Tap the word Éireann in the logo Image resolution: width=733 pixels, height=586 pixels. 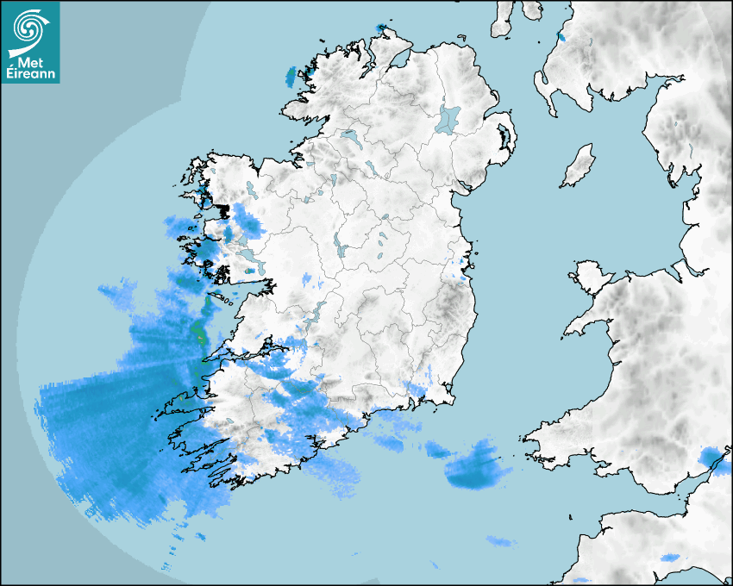point(33,74)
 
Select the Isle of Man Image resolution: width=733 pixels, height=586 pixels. point(579,166)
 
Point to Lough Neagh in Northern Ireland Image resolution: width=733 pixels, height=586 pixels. point(448,118)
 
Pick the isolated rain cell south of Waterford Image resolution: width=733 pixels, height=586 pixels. point(473,470)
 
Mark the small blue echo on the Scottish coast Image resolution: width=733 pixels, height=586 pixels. point(561,38)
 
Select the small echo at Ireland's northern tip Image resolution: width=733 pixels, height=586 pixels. point(380,28)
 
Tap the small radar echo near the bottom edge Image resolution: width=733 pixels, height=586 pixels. point(498,541)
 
